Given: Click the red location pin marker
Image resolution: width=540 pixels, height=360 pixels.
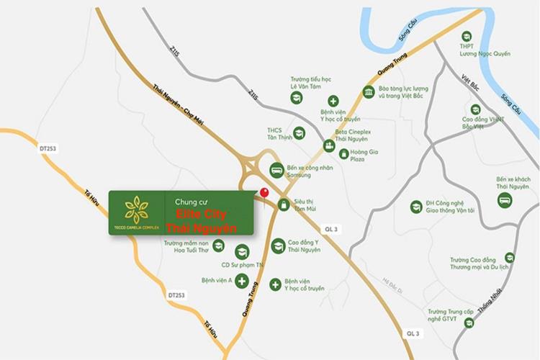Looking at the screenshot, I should point(264,194).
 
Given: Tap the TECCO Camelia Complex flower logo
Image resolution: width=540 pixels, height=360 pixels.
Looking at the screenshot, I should point(137,209).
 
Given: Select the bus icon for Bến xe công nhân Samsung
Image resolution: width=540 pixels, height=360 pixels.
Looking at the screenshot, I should point(276,171).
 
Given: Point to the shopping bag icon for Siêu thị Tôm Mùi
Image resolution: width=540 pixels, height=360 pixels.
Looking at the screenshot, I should point(284,205).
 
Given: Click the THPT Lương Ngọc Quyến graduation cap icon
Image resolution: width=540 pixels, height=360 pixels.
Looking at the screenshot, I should point(467,36).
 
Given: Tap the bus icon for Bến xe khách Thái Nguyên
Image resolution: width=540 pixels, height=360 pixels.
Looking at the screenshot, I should point(505,199).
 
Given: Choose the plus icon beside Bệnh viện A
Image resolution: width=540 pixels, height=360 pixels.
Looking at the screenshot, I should point(242,281).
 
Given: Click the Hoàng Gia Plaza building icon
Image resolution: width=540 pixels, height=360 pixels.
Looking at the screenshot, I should point(343,153).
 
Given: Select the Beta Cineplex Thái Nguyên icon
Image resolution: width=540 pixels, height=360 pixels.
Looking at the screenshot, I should point(329,146).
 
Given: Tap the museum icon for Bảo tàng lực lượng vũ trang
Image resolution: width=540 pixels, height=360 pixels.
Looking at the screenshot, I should point(369,92).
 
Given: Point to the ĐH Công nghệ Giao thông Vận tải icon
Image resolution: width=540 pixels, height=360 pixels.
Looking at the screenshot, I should point(415,207).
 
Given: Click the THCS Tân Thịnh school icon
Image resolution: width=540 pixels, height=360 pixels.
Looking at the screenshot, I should point(299,133).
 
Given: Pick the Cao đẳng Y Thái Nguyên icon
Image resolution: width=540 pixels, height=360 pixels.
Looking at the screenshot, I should point(278,247).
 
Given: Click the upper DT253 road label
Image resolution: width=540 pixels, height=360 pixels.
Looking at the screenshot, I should point(48,148).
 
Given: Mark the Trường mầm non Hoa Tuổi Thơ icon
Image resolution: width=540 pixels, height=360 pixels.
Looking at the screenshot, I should point(218,246).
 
